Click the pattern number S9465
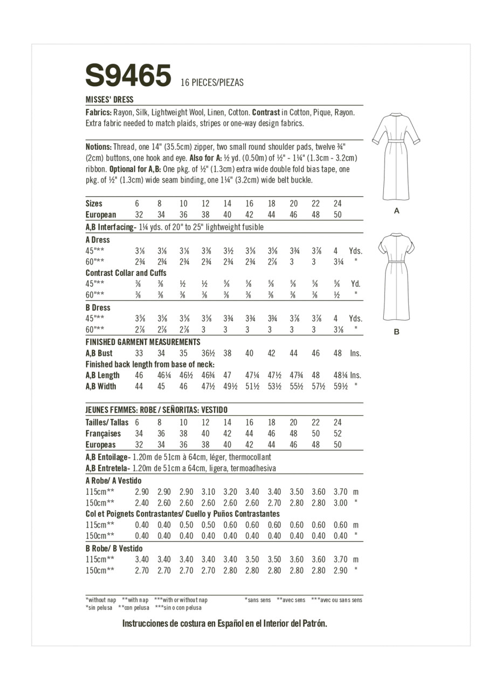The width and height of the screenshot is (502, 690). point(128,75)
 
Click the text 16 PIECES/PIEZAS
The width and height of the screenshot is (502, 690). point(212,82)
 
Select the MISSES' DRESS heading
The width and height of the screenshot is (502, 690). point(109,100)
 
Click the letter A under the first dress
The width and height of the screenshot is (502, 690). point(397,211)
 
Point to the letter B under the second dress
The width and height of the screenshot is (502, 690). point(397,332)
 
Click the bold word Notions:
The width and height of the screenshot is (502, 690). point(99,147)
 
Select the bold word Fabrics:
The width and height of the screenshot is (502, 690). point(99,113)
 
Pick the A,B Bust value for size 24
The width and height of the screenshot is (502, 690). point(338,354)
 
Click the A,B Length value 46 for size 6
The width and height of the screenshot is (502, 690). point(139,375)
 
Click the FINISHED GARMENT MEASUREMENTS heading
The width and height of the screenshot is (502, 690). point(143,342)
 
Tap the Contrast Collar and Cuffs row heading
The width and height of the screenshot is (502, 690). point(126,273)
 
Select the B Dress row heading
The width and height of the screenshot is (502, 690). point(98,308)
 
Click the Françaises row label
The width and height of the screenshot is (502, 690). point(103,434)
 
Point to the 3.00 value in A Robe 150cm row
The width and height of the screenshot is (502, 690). point(340,503)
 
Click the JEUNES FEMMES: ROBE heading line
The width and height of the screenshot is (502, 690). point(156,410)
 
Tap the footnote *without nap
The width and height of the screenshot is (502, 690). point(101,600)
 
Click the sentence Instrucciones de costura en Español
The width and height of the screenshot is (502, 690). point(225,624)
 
